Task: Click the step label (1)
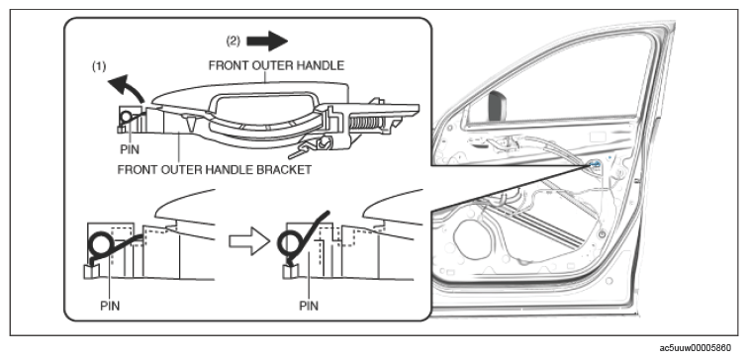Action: click(x=99, y=66)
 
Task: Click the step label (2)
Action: click(x=233, y=41)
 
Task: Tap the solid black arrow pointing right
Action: click(x=267, y=41)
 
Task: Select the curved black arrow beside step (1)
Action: click(x=125, y=87)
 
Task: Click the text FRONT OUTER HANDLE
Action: click(x=276, y=65)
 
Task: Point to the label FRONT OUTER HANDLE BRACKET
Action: click(x=214, y=169)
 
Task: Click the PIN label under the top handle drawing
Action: click(x=130, y=149)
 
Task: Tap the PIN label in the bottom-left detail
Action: click(x=110, y=306)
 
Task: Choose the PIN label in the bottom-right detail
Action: click(x=309, y=306)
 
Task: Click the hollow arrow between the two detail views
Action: click(x=249, y=240)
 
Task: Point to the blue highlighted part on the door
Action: click(x=595, y=165)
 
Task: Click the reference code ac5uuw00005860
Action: click(x=695, y=348)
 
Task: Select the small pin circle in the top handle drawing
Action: click(x=127, y=116)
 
